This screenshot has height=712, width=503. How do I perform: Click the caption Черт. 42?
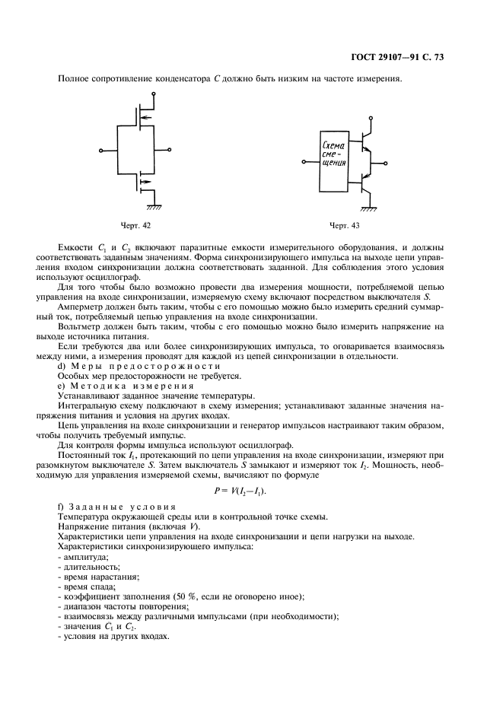click(x=135, y=225)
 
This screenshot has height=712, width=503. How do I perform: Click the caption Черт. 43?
click(x=343, y=225)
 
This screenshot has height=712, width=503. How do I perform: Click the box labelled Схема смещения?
click(x=334, y=163)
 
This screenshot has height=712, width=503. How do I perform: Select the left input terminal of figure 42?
click(x=102, y=150)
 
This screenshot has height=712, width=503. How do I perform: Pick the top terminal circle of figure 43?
click(x=369, y=118)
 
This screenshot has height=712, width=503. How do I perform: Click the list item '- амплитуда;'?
click(x=83, y=557)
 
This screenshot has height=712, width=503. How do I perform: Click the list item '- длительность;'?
click(x=88, y=567)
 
